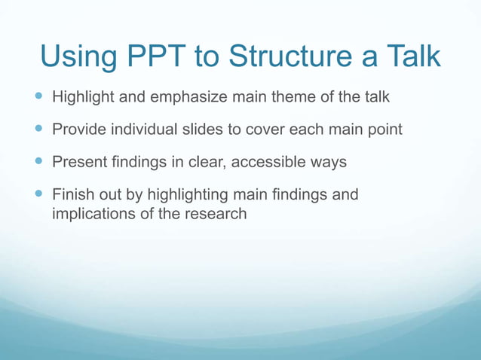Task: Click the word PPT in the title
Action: pos(157,56)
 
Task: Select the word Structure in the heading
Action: pos(290,56)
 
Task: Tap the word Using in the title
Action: pos(78,58)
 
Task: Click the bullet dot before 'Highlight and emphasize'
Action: pos(38,96)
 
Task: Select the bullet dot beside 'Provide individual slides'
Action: pos(38,128)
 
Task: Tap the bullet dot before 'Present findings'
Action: pos(38,160)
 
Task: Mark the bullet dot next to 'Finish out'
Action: pos(38,193)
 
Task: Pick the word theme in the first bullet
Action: pos(293,96)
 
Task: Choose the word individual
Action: pos(144,129)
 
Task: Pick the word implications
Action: pos(94,214)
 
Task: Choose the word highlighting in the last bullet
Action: pos(188,195)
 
